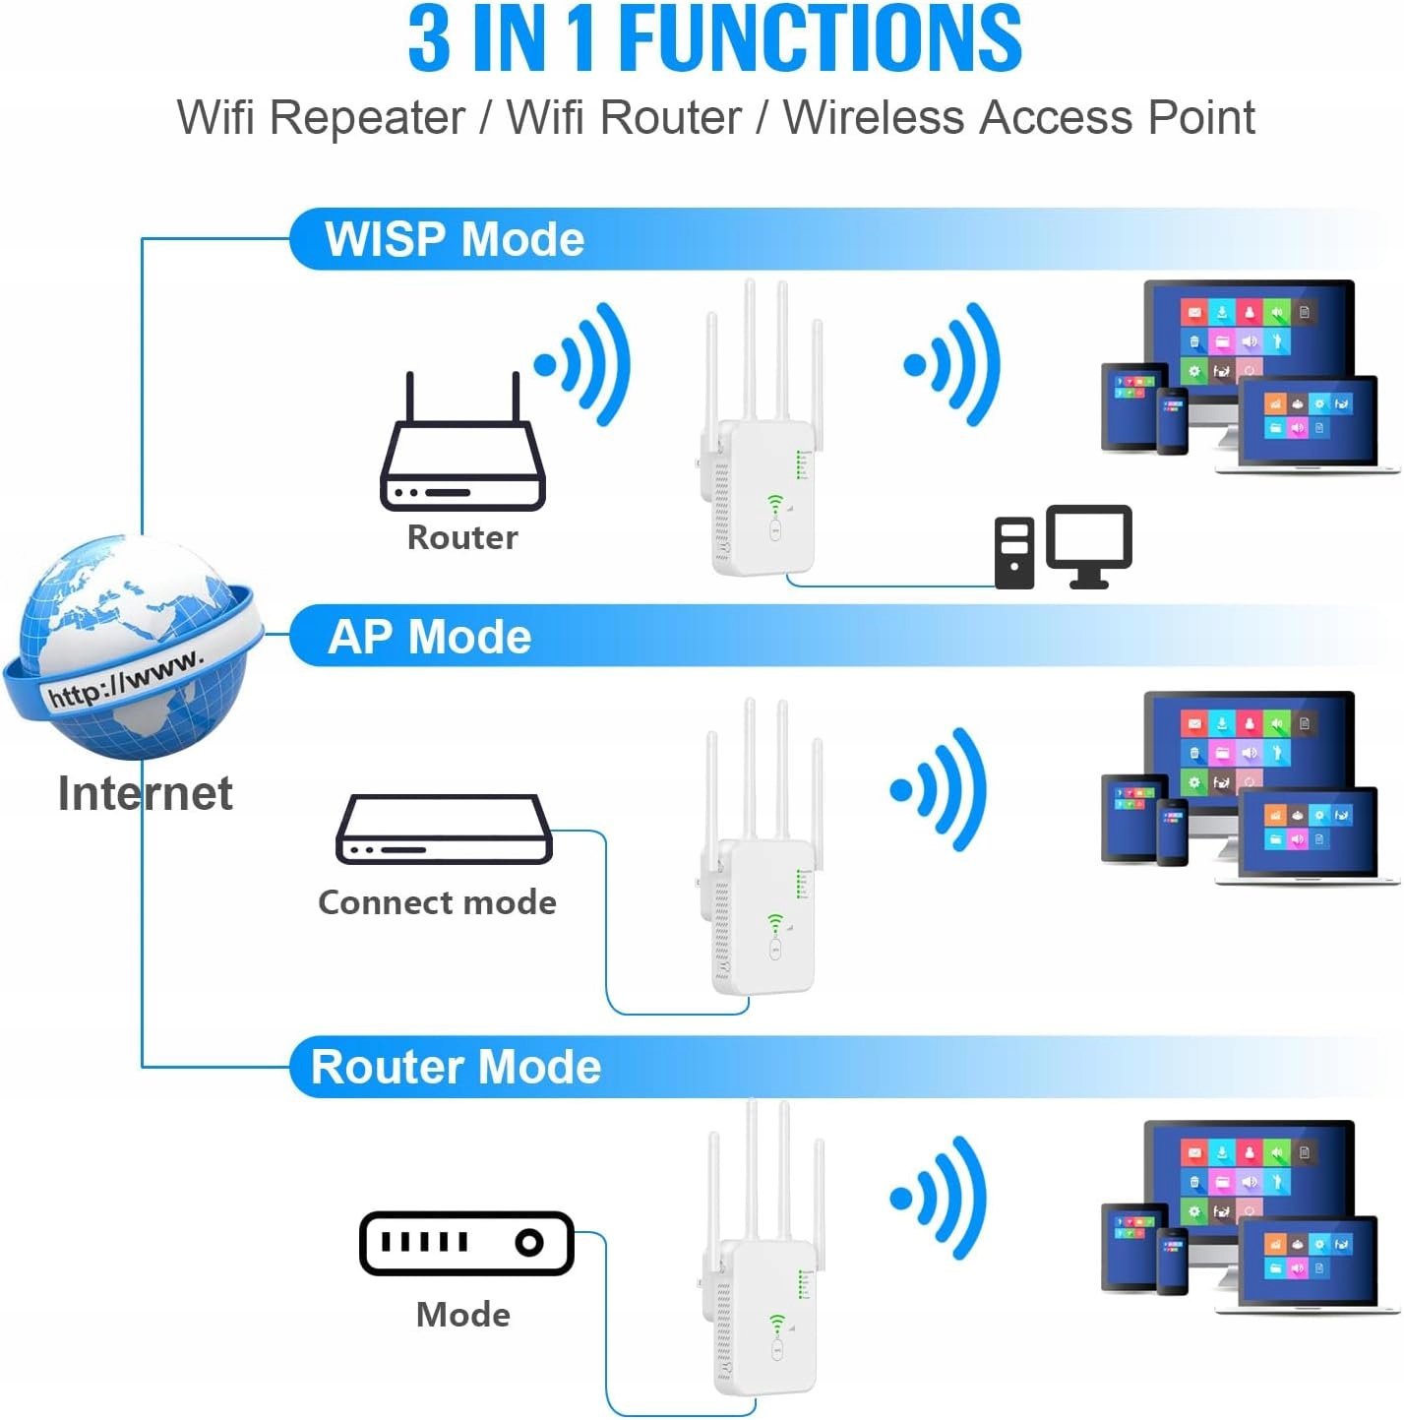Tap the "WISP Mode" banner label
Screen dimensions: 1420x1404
pos(455,239)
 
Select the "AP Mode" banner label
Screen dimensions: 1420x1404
pos(430,637)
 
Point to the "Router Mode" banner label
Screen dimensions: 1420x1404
pos(456,1067)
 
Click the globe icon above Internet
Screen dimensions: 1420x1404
pos(133,648)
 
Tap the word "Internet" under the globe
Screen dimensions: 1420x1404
pos(146,793)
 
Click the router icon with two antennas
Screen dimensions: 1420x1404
pos(462,453)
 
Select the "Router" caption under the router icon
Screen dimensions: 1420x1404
pos(462,537)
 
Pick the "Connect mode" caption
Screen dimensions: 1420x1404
pos(437,902)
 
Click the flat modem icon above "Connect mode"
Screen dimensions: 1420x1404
pos(444,830)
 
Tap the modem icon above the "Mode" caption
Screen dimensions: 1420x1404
pos(466,1243)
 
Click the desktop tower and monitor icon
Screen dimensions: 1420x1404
pos(1063,547)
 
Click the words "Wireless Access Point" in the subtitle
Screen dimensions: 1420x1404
pos(1018,118)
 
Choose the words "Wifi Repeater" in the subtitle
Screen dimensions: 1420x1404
pos(321,118)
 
